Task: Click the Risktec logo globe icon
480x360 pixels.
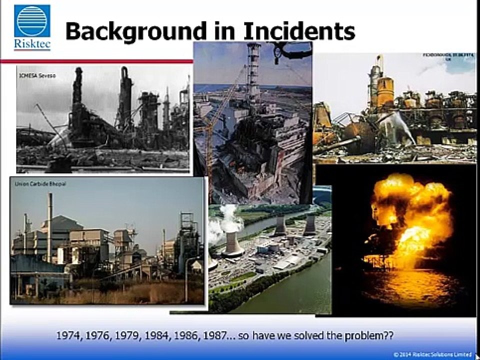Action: click(32, 21)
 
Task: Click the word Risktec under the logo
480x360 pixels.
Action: click(32, 44)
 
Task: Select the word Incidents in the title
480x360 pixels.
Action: click(299, 31)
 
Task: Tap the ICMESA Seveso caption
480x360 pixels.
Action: click(30, 75)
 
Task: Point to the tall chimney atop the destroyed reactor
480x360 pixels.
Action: click(254, 70)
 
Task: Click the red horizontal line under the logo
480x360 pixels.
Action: click(95, 61)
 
